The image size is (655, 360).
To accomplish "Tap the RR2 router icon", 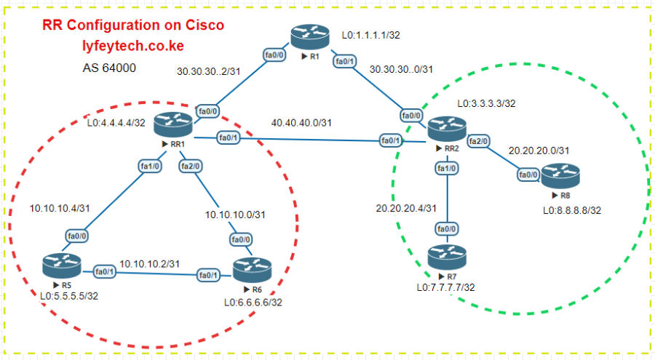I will click(x=445, y=129).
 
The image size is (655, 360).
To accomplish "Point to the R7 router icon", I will click(x=447, y=257).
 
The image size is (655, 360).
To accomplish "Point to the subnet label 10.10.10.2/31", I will click(x=151, y=263).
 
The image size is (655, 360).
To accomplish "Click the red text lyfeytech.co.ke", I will click(x=132, y=45).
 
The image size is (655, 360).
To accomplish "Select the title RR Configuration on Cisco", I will click(x=133, y=25).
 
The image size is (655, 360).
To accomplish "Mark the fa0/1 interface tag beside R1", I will click(x=344, y=62).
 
